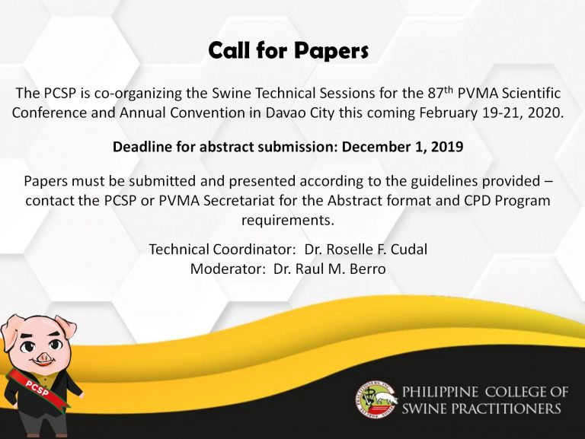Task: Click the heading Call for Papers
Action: coord(289,51)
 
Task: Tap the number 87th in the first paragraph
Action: coord(440,92)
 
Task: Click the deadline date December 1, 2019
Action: coord(402,147)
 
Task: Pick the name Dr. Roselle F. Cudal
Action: coord(366,249)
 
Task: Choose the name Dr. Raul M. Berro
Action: coord(329,269)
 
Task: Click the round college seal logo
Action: coord(376,399)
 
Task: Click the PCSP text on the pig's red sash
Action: coord(37,387)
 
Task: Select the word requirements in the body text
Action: coord(288,220)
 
